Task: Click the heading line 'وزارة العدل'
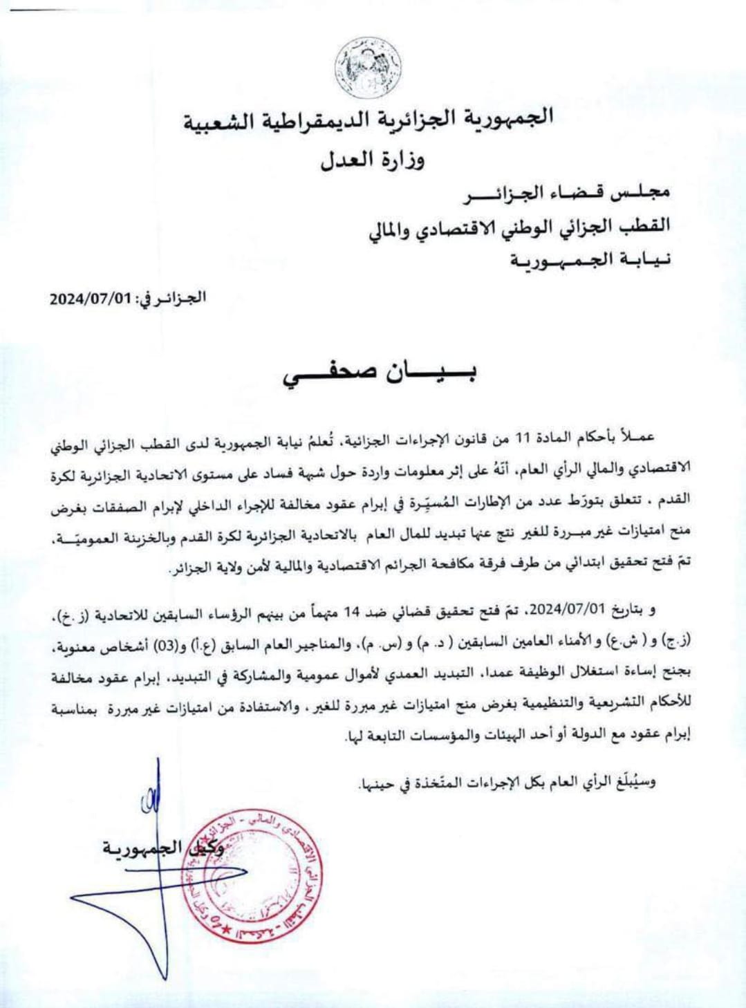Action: click(x=372, y=160)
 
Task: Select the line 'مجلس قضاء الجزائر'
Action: click(x=566, y=194)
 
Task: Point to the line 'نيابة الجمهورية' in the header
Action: click(x=590, y=260)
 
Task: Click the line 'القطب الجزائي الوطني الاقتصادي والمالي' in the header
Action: click(x=519, y=226)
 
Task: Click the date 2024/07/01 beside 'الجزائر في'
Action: click(x=90, y=299)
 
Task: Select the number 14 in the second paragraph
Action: click(x=353, y=611)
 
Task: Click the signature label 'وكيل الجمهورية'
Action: click(x=163, y=848)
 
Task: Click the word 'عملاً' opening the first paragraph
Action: click(x=637, y=437)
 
